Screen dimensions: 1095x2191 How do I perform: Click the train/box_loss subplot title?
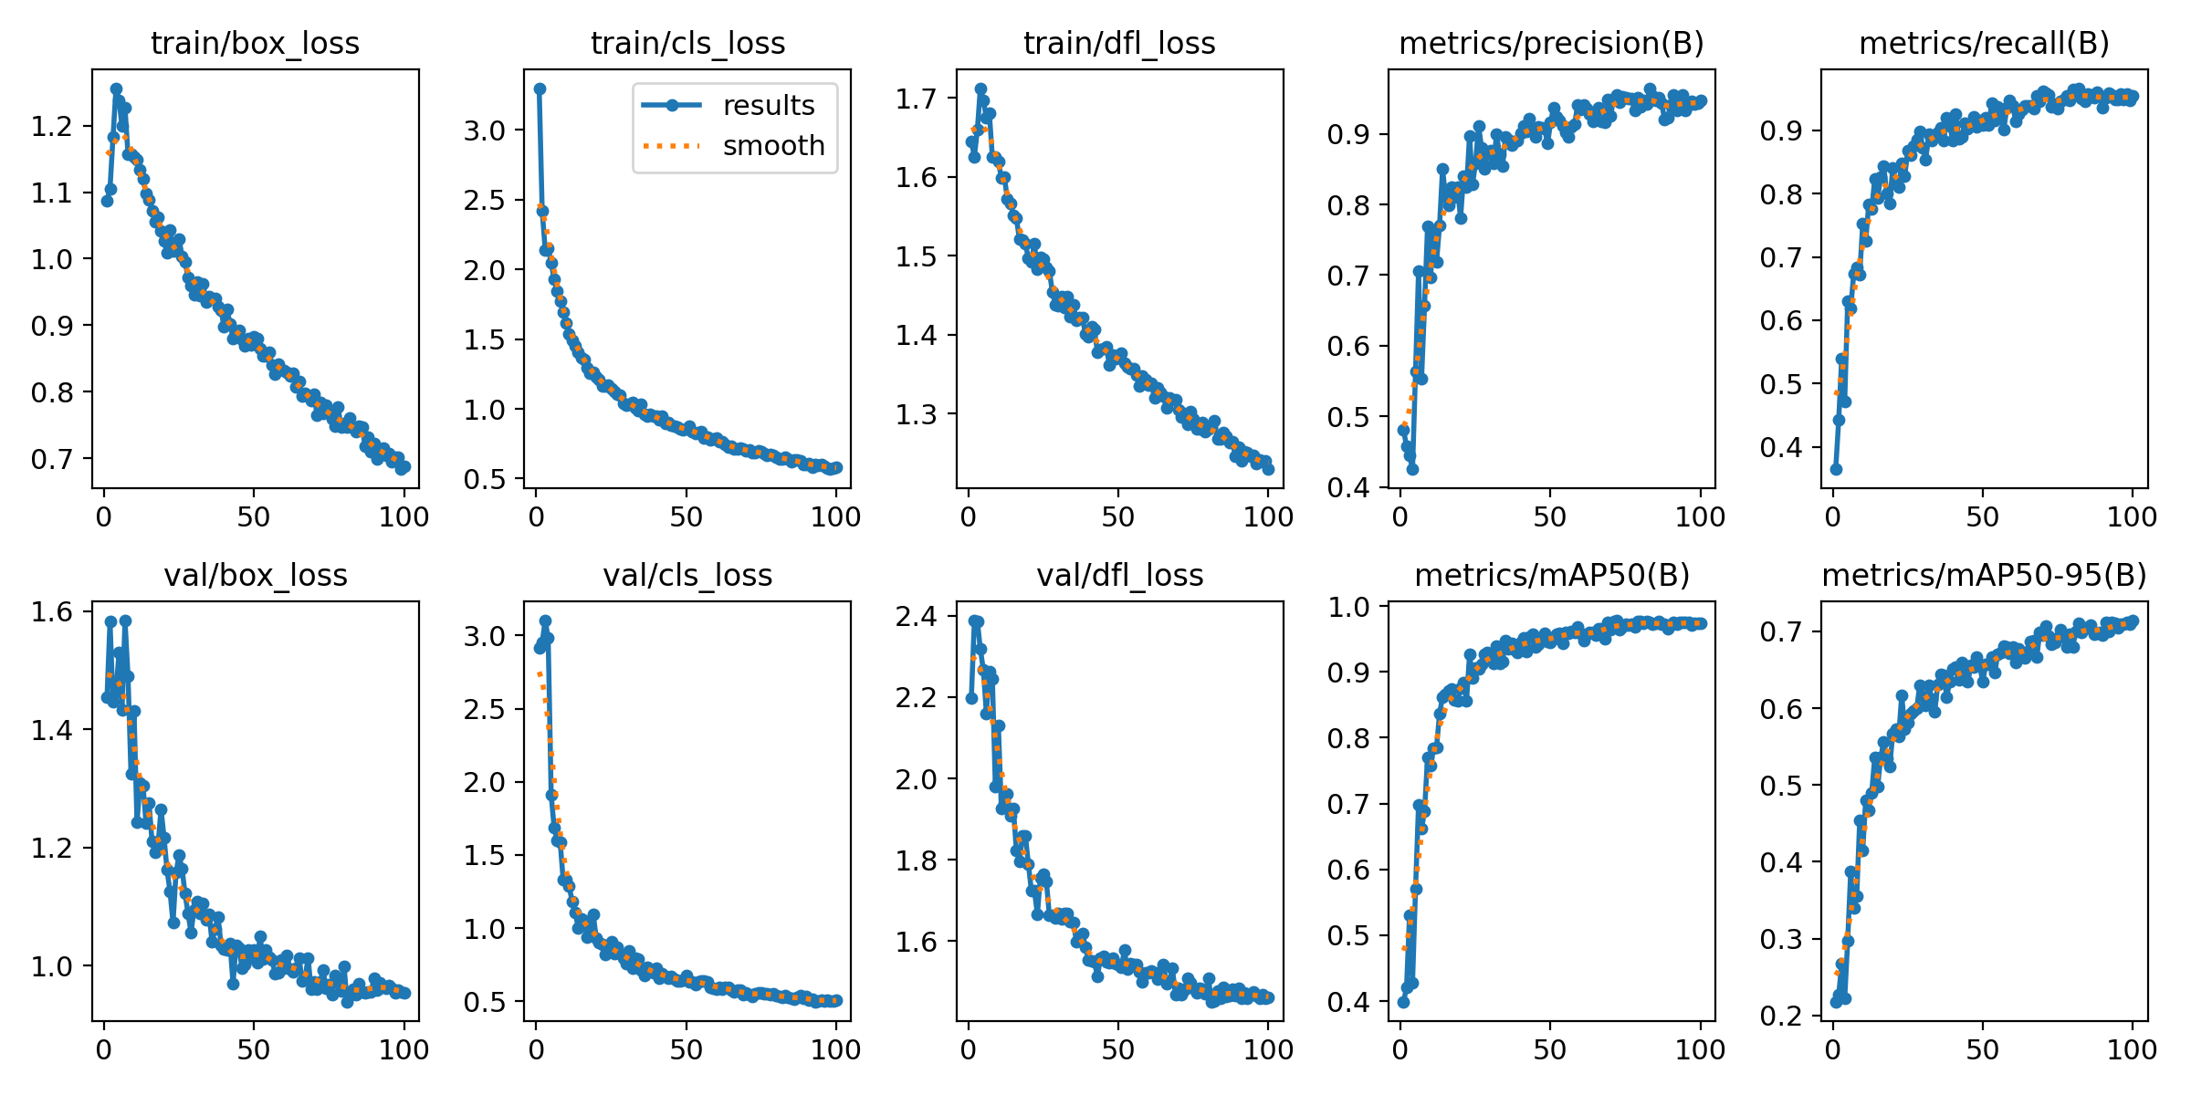pyautogui.click(x=255, y=43)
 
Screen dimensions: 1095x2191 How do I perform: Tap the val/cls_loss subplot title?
pyautogui.click(x=687, y=575)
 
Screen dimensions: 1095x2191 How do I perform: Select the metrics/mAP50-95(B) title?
pyautogui.click(x=1985, y=575)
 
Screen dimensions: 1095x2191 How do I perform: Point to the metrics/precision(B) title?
pyautogui.click(x=1552, y=43)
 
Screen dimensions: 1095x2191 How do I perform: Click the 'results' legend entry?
pyautogui.click(x=768, y=106)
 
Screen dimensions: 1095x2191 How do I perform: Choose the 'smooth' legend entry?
pyautogui.click(x=773, y=146)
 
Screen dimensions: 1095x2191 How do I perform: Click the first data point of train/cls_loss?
pyautogui.click(x=540, y=89)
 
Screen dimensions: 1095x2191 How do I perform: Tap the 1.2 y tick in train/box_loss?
pyautogui.click(x=51, y=126)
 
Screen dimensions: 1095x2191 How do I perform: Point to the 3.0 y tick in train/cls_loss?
pyautogui.click(x=484, y=130)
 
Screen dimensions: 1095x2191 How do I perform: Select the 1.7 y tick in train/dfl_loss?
pyautogui.click(x=917, y=99)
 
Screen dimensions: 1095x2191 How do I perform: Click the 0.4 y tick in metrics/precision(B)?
pyautogui.click(x=1349, y=487)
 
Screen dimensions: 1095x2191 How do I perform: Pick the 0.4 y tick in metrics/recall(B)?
pyautogui.click(x=1782, y=447)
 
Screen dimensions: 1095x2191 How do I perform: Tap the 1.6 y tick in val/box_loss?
pyautogui.click(x=51, y=611)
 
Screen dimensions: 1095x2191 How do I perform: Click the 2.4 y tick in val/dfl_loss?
pyautogui.click(x=917, y=617)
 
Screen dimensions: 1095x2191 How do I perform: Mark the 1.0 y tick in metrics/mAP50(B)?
pyautogui.click(x=1349, y=607)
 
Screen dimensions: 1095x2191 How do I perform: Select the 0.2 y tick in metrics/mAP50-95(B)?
pyautogui.click(x=1782, y=1016)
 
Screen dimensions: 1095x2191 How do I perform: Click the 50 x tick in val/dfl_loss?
pyautogui.click(x=1117, y=1049)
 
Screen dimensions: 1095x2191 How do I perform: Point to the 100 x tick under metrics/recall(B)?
pyautogui.click(x=2132, y=516)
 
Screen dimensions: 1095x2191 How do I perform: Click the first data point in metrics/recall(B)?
pyautogui.click(x=1836, y=469)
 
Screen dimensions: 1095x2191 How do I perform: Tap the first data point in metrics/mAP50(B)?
pyautogui.click(x=1403, y=1002)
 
